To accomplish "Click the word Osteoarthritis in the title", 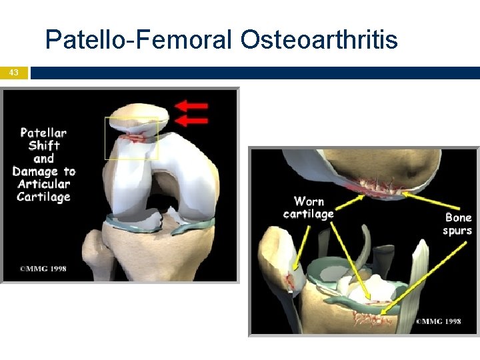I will click(x=319, y=40).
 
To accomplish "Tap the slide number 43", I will click(x=14, y=73).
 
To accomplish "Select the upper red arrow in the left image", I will click(x=193, y=105).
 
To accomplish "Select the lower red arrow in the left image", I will click(x=193, y=121).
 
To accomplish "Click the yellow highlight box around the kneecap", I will click(x=131, y=139).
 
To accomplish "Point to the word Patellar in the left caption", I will click(x=43, y=132).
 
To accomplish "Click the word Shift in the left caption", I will click(x=44, y=145).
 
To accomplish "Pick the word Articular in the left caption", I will click(x=44, y=184).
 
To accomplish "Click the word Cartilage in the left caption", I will click(x=44, y=197).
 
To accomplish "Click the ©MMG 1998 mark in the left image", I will click(x=43, y=269).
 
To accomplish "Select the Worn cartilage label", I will click(x=309, y=207).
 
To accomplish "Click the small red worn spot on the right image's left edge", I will click(x=290, y=281).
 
